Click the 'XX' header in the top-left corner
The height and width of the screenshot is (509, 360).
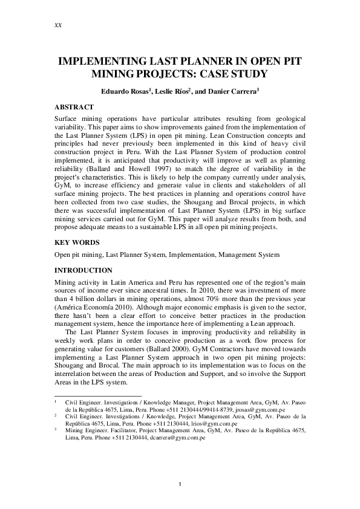[58, 26]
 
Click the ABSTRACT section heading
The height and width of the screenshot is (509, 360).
[74, 106]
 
